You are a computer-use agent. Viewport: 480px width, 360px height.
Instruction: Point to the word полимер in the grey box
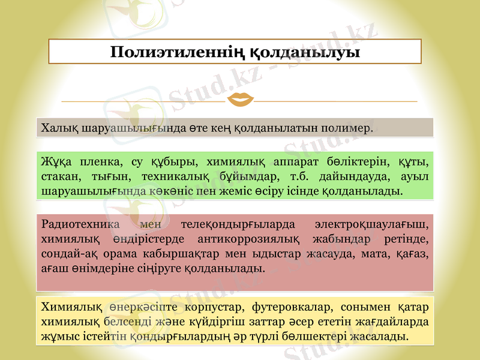[347, 128]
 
